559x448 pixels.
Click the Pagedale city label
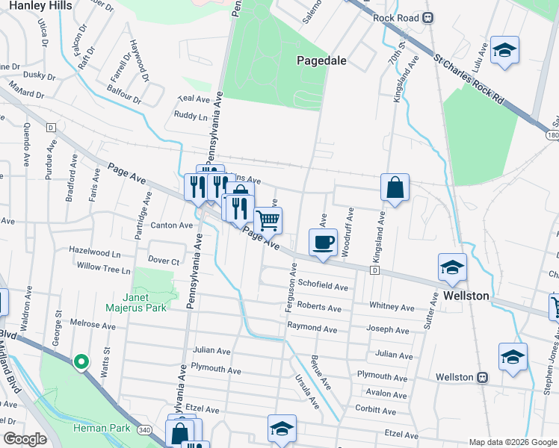[321, 60]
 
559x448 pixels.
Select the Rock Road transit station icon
[428, 18]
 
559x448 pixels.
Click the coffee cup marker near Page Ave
[323, 243]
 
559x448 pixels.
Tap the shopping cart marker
[268, 220]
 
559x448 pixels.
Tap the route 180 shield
[552, 135]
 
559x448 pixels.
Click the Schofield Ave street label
[323, 286]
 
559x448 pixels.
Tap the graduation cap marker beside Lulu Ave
[505, 50]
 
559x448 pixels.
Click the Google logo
[25, 439]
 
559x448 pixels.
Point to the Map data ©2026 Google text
[513, 442]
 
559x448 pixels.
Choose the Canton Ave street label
[172, 225]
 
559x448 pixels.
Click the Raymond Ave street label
[312, 328]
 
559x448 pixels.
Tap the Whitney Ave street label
[392, 307]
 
